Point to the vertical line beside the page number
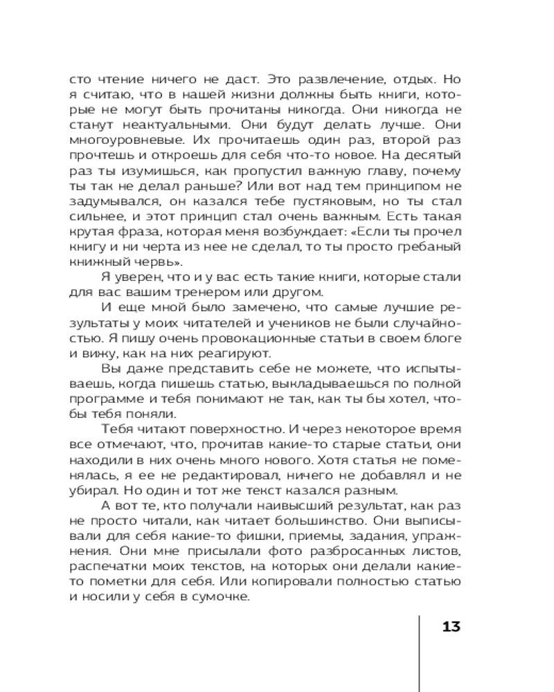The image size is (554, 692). click(x=420, y=650)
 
